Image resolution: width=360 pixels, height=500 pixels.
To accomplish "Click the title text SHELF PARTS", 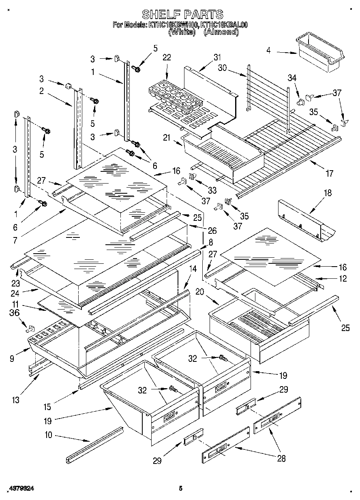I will [182, 15].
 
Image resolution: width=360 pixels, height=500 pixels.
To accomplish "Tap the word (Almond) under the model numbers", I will [221, 32].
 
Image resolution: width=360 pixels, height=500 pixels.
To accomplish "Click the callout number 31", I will [217, 57].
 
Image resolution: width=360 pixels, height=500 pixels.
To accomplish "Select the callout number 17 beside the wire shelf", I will [329, 173].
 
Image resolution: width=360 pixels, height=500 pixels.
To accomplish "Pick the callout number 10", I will [48, 436].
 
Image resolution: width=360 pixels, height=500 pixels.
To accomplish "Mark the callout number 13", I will [16, 400].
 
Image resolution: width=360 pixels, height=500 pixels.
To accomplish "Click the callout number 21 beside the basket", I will [166, 138].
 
